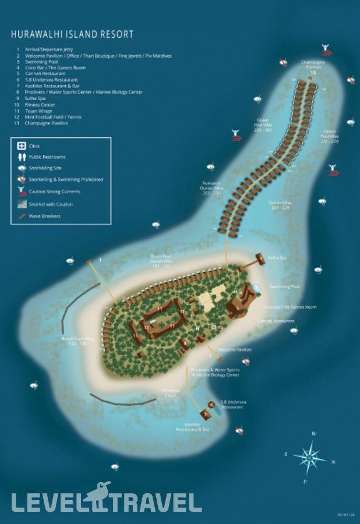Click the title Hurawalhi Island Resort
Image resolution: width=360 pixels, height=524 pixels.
coord(72,34)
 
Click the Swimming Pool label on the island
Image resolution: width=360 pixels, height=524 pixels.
coord(284,287)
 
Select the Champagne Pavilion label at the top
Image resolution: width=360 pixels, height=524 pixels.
coord(313,64)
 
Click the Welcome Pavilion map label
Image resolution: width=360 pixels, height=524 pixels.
coord(234,350)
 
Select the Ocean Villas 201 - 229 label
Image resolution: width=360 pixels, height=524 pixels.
coord(280,204)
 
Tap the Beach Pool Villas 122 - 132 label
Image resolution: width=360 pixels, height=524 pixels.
coord(77,341)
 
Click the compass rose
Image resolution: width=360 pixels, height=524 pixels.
coord(310,458)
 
